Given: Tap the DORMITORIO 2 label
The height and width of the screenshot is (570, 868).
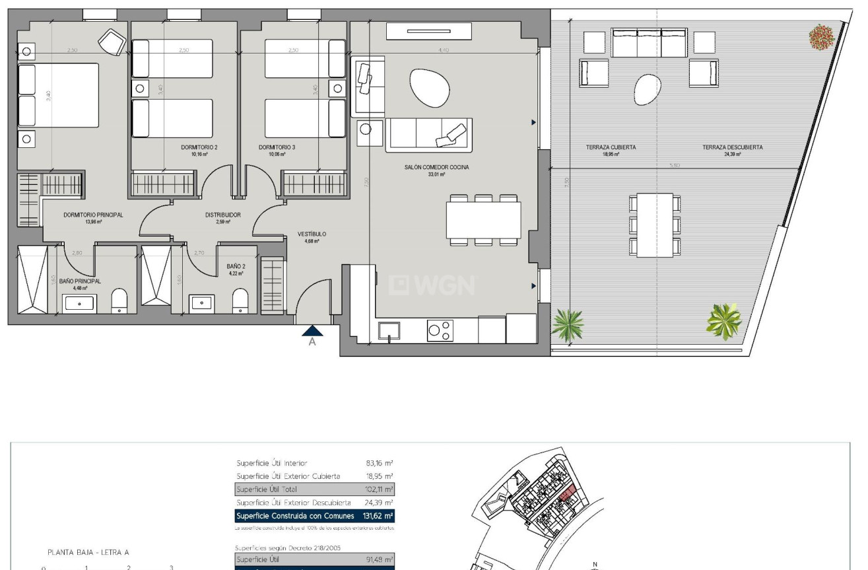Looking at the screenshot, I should click(199, 147).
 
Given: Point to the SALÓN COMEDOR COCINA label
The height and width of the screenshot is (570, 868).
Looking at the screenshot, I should click(436, 168).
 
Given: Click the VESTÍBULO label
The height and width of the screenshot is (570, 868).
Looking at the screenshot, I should click(312, 234).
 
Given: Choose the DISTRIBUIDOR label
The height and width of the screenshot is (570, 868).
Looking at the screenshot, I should click(223, 215).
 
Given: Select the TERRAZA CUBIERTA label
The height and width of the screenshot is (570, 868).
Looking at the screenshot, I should click(611, 147).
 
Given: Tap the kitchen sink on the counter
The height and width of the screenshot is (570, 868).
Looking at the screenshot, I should click(389, 330).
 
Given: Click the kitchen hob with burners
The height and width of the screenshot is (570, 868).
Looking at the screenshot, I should click(440, 330).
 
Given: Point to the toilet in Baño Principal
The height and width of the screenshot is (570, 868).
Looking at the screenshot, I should click(119, 301).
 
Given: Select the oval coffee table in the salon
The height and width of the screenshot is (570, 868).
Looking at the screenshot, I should click(429, 86).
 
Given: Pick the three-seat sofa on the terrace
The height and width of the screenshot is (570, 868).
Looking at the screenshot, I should click(650, 43).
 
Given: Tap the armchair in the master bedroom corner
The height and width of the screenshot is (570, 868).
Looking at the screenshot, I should click(111, 42).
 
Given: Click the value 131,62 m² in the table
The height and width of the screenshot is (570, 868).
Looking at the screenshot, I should click(380, 516).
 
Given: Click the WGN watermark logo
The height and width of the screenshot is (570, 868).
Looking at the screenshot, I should click(432, 285).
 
